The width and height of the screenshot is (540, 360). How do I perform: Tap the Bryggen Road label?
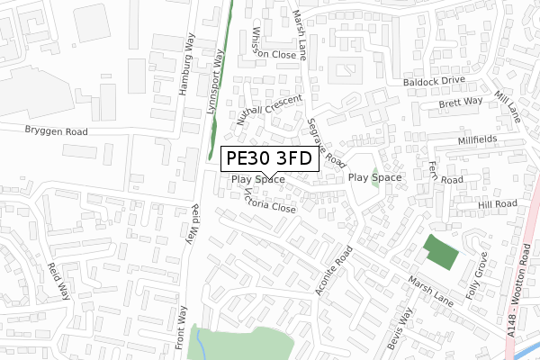56,131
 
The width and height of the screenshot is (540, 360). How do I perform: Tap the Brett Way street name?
461,103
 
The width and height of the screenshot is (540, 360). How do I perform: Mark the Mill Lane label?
508,107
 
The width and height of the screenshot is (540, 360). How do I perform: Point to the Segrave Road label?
326,143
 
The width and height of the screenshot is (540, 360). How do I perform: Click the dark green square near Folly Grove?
440,249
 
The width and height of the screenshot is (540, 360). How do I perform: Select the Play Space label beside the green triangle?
374,178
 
